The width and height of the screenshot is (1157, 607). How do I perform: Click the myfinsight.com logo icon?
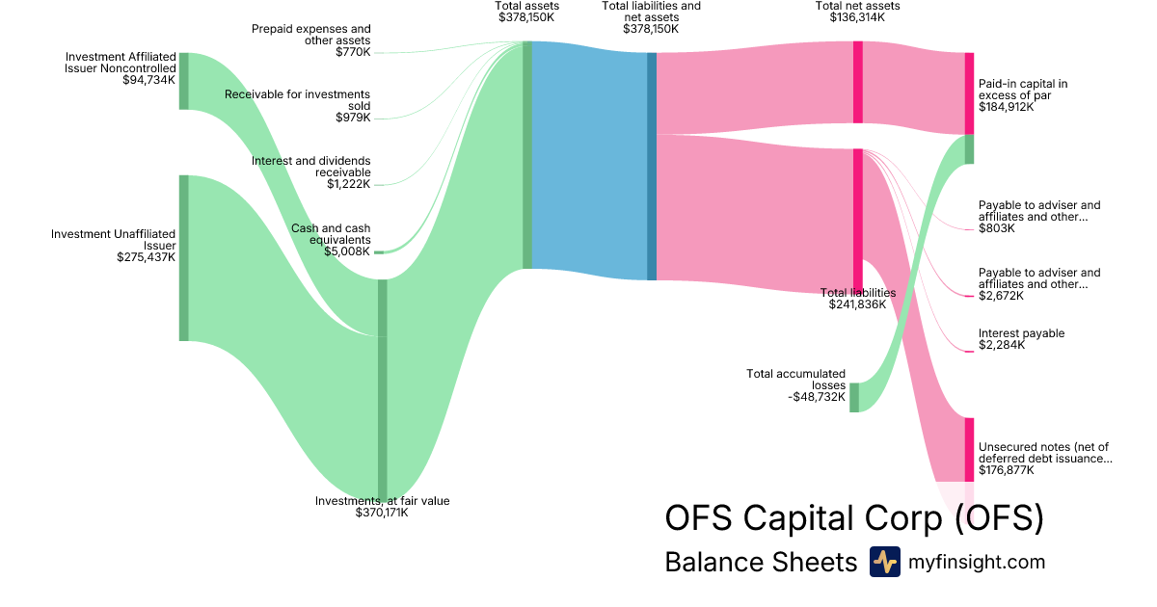[884, 562]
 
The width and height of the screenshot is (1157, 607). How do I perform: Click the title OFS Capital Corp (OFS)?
[854, 517]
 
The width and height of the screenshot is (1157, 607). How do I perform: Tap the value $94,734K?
[149, 80]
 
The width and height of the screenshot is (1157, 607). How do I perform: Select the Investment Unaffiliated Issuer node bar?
[184, 258]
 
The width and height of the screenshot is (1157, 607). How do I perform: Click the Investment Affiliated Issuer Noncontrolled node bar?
[184, 81]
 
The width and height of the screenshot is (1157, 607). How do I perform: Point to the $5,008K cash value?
[347, 251]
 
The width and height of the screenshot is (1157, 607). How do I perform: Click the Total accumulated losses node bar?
[854, 397]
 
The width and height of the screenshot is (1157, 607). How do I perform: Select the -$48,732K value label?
[817, 397]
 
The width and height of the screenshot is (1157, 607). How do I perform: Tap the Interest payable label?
[1022, 333]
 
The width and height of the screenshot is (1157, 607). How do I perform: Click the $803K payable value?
[997, 228]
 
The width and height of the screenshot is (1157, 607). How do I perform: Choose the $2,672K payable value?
[1001, 296]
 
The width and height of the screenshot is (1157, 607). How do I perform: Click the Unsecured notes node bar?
[970, 450]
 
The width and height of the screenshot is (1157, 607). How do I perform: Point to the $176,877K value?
[1007, 470]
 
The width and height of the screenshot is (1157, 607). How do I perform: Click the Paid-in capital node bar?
[970, 93]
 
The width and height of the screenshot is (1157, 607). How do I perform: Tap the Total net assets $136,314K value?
[857, 17]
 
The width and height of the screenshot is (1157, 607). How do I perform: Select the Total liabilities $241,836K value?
[857, 304]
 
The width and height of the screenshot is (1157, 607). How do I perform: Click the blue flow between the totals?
[589, 161]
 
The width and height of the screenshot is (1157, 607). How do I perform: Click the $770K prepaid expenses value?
[353, 52]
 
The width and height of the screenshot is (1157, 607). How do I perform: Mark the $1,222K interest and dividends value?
[349, 184]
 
